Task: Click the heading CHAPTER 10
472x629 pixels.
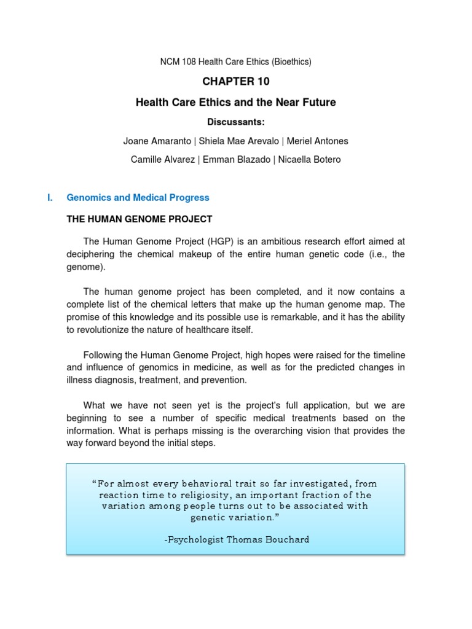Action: pyautogui.click(x=236, y=82)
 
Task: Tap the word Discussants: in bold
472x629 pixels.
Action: pyautogui.click(x=236, y=122)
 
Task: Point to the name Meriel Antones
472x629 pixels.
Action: pyautogui.click(x=318, y=141)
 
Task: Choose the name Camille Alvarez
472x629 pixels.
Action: pyautogui.click(x=162, y=160)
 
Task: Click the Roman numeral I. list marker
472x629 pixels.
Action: pyautogui.click(x=50, y=198)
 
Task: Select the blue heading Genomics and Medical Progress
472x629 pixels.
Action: pyautogui.click(x=138, y=198)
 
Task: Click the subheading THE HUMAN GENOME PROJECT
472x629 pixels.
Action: pyautogui.click(x=139, y=219)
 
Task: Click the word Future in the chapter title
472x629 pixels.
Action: pyautogui.click(x=317, y=102)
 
